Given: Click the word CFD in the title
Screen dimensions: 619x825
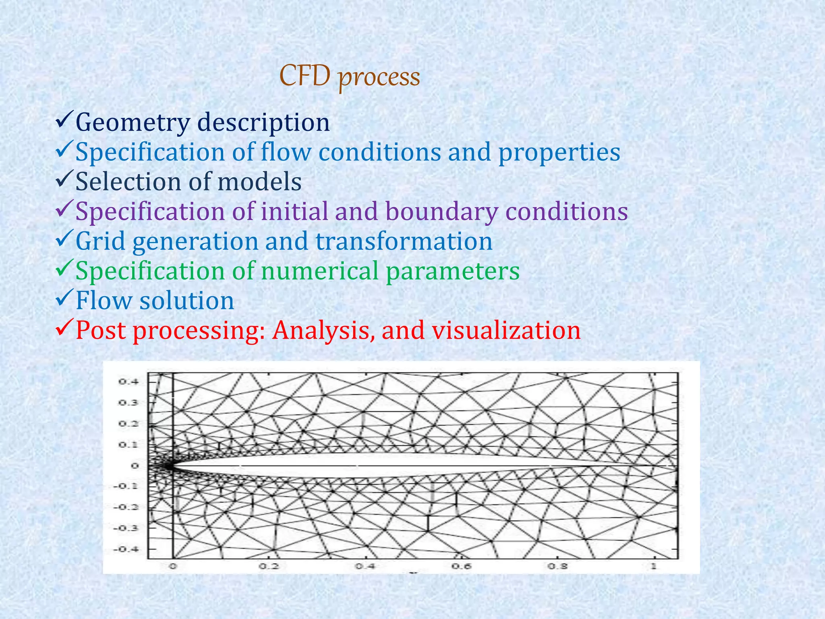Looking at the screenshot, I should point(305,76).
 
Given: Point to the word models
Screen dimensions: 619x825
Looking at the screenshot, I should point(259,182).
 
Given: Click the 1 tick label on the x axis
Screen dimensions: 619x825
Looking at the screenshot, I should point(654,566).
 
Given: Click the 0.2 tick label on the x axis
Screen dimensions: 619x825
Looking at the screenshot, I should point(269,566).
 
